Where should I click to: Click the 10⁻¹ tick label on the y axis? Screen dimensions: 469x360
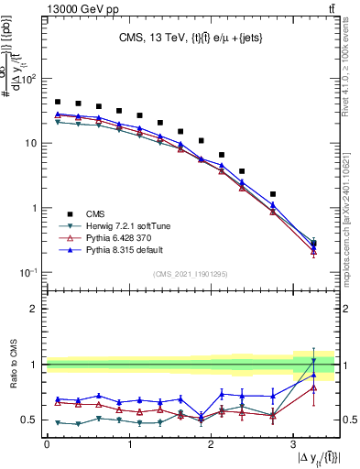[x=28, y=272]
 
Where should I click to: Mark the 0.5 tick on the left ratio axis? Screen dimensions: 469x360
[x=31, y=420]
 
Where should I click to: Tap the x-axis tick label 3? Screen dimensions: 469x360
[x=292, y=445]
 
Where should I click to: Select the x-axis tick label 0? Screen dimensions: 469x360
[x=47, y=445]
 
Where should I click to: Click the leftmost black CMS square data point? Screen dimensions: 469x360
[x=58, y=102]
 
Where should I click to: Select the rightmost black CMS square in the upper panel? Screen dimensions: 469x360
[x=313, y=244]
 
